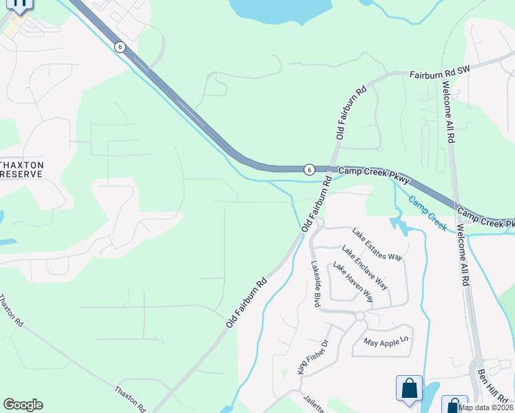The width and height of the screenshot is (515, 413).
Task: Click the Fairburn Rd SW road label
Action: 440,74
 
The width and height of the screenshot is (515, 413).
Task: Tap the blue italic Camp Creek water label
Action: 428,213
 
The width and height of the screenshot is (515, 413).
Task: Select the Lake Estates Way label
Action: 376,244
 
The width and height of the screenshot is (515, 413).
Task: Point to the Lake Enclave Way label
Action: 365,268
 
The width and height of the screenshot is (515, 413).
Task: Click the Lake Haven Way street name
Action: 353,282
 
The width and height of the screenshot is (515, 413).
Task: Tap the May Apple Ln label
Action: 386,341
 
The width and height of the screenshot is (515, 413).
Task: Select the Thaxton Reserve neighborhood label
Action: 22,169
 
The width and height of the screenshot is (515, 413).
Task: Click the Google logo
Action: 23,405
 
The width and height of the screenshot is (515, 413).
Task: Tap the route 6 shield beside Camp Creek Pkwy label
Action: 309,169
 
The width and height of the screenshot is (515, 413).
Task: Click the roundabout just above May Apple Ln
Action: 359,316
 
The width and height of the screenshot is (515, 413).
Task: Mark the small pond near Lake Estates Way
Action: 397,224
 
